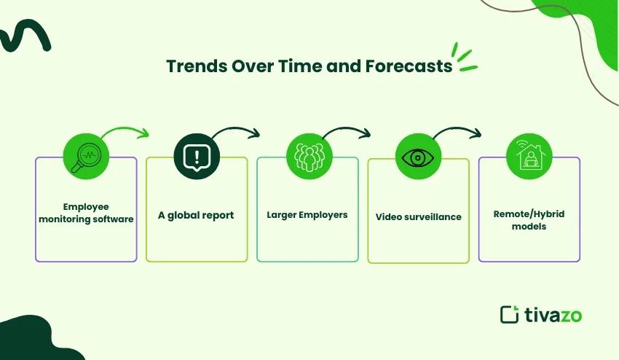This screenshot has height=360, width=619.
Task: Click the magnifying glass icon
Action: coord(86,157)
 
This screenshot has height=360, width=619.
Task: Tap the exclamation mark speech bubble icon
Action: coord(197,157)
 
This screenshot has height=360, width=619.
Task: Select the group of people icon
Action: coord(309,157)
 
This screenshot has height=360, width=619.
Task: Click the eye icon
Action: coord(418,157)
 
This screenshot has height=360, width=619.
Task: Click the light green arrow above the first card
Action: coord(125,129)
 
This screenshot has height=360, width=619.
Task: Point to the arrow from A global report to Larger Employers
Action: coord(236,129)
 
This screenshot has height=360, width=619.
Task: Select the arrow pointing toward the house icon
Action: coord(457,129)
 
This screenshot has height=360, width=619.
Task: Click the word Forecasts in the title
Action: coord(409,66)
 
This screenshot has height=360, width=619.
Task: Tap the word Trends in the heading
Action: coord(197,66)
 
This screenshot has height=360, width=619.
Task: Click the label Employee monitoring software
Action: coord(86,213)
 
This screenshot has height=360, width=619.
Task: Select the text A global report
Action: coord(196,216)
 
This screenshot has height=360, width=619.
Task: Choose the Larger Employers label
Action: coord(307,215)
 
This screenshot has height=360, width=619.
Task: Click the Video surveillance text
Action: coord(419,217)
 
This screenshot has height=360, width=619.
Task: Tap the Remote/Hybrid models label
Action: coord(529,220)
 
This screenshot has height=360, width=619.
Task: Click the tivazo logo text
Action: coord(553,315)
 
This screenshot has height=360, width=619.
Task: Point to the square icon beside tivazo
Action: coord(509,315)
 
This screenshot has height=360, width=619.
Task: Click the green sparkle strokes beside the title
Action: coord(465,58)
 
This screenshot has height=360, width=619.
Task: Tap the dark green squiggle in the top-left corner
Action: coord(25,36)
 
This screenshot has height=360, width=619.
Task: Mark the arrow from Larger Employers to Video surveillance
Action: coord(347,129)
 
